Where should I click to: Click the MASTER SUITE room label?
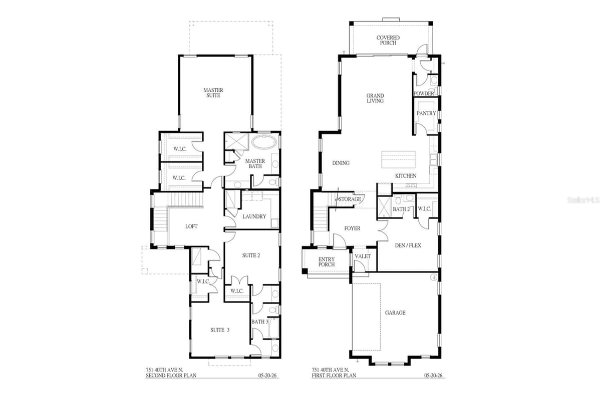[213, 92]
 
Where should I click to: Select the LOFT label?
[191, 226]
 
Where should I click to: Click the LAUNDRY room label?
[254, 216]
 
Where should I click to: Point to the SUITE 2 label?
[251, 255]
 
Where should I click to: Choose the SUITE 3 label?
[220, 330]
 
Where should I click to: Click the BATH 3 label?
[260, 322]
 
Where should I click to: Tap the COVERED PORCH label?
[388, 40]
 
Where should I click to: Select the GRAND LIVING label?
[375, 98]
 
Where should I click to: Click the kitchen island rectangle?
[399, 159]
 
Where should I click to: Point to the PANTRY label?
[426, 113]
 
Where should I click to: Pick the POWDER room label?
[424, 93]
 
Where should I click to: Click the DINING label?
[341, 163]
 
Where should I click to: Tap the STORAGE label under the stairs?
[350, 199]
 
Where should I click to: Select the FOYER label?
[352, 228]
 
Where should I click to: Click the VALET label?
[363, 256]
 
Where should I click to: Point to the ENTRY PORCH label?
[327, 262]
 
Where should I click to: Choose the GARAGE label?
[395, 312]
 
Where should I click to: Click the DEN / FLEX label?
[408, 245]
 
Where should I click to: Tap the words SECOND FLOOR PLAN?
[171, 375]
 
